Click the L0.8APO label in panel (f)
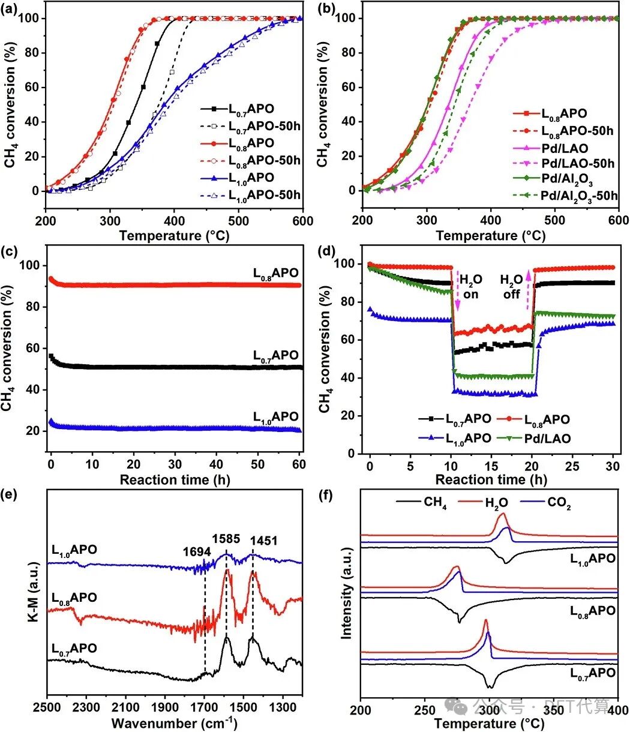(591, 610)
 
